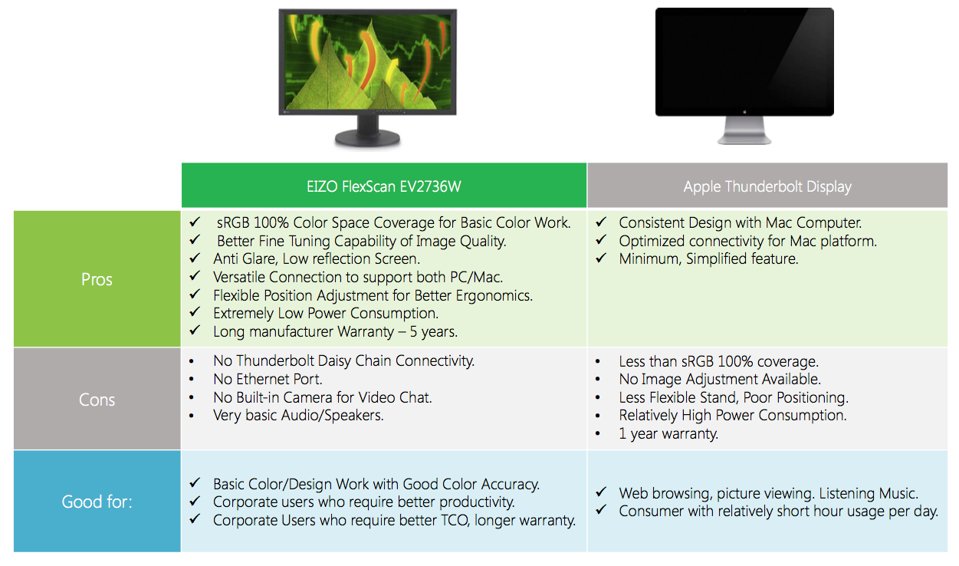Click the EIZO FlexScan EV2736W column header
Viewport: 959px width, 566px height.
pos(383,186)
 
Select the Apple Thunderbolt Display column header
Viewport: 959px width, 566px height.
pos(767,186)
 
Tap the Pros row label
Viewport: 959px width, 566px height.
pos(97,279)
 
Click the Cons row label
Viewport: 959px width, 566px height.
pos(97,400)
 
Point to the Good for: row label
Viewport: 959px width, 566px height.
pos(97,502)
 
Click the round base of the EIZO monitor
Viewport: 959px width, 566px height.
pos(367,138)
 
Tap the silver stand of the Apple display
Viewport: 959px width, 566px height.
pos(744,130)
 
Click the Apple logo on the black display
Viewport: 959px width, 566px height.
pos(744,112)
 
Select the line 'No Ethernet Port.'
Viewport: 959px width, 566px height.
pos(268,379)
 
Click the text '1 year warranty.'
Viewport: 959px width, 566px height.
pos(668,433)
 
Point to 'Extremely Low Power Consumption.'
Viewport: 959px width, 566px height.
pos(326,313)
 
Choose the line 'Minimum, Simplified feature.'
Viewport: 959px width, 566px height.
pos(708,258)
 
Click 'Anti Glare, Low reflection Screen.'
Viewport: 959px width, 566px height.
pos(317,258)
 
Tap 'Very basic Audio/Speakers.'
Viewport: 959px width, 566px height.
pos(298,415)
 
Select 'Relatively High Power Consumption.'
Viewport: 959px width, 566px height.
pos(733,415)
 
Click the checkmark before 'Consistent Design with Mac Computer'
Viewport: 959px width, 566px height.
pos(601,222)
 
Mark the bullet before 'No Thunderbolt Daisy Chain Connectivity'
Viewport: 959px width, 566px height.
pos(192,362)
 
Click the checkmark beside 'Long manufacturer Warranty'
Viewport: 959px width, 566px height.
pos(195,330)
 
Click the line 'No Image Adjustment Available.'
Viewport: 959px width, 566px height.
pos(720,379)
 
